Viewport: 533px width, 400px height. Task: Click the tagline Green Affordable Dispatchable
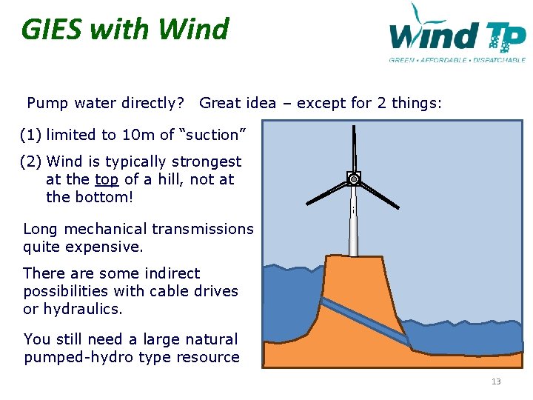tap(457, 60)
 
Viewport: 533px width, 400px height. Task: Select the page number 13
tap(496, 381)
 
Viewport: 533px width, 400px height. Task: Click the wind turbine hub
tap(354, 179)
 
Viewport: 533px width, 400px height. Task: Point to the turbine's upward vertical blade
tap(355, 148)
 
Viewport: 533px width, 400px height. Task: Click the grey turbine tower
tap(354, 222)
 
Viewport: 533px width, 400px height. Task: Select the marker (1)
tap(30, 135)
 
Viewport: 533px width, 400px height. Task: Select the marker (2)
tap(30, 161)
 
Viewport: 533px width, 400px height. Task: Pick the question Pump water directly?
tap(105, 103)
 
